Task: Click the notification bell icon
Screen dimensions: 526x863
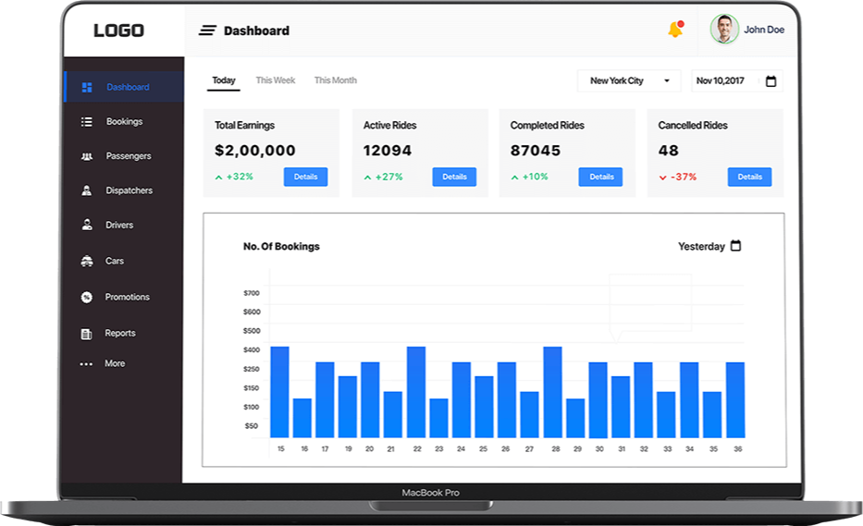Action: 675,31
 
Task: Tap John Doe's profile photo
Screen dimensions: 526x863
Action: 724,30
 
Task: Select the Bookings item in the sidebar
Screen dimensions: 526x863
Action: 123,122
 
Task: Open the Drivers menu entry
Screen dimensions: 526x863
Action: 118,226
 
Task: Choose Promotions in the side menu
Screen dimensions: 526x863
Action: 126,298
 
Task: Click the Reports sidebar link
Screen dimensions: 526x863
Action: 119,334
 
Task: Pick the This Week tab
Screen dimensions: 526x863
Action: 276,80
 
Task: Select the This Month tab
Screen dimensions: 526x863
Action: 335,80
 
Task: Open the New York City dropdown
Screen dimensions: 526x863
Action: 629,81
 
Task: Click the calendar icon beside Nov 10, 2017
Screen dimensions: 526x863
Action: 771,81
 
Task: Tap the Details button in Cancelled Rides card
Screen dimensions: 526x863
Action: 749,177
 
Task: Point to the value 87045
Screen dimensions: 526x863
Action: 536,151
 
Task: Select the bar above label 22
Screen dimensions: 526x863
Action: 416,392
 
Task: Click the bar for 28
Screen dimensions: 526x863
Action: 553,392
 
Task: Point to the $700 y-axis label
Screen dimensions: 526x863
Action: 252,293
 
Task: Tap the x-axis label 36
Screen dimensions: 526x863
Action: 737,449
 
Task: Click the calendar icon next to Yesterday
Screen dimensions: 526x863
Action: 736,246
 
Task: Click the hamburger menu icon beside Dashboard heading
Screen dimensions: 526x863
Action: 207,31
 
